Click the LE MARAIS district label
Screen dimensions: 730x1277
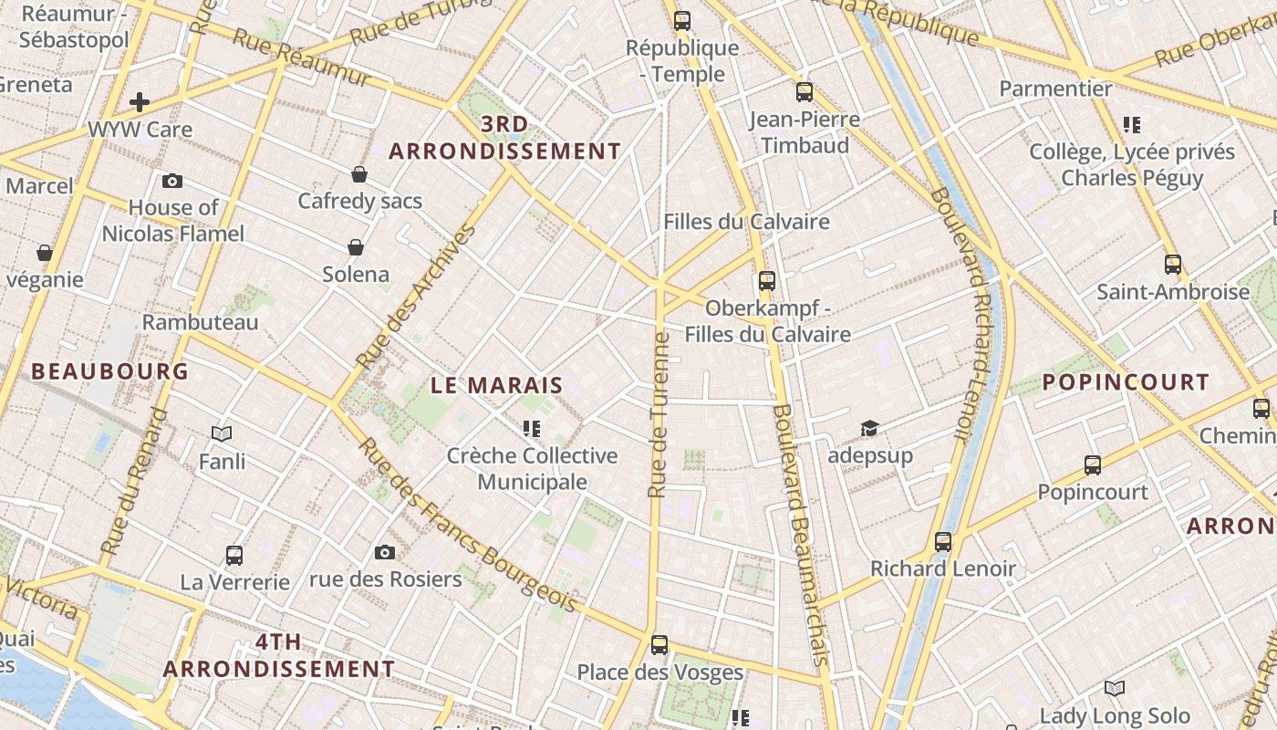click(x=497, y=386)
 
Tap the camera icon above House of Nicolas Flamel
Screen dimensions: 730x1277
click(x=172, y=181)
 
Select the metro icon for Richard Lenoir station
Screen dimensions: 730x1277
click(x=943, y=542)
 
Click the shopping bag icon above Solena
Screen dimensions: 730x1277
click(x=356, y=247)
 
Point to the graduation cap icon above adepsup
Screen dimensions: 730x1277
click(x=869, y=428)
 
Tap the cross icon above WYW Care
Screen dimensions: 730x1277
click(x=140, y=101)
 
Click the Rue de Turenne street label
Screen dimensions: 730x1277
click(x=659, y=415)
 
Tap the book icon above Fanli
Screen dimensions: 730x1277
click(x=222, y=433)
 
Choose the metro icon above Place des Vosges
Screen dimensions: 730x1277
click(x=659, y=645)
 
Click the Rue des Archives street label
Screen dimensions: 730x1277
click(x=417, y=296)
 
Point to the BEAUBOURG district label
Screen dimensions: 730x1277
click(x=110, y=371)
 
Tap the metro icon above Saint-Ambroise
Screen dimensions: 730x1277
click(x=1173, y=265)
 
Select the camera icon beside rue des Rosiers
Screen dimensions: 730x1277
click(x=385, y=552)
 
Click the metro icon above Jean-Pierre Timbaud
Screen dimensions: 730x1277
click(x=804, y=91)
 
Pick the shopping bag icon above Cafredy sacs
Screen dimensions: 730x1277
click(x=359, y=173)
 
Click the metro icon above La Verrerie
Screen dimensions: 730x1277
click(x=234, y=555)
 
